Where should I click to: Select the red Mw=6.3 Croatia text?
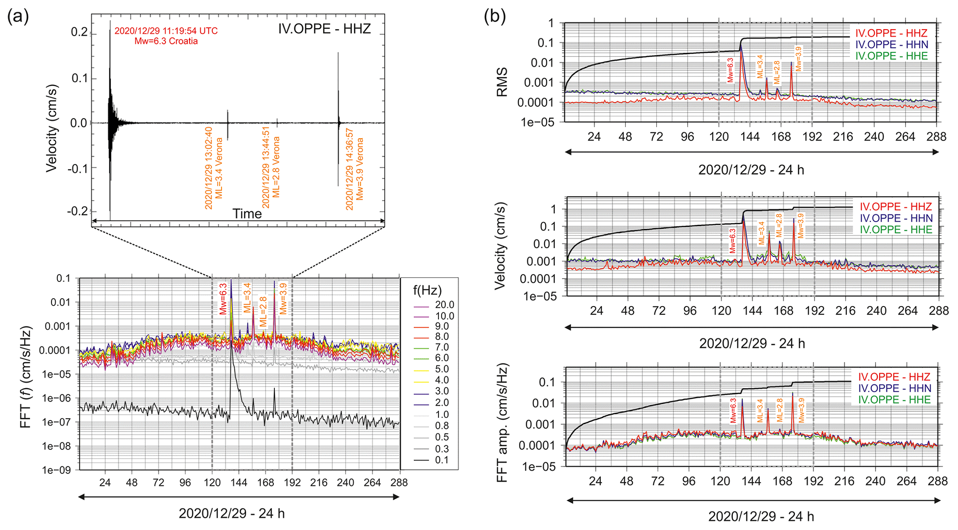[x=166, y=41]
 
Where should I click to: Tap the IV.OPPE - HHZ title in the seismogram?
[x=324, y=29]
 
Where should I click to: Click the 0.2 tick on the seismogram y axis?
[x=79, y=32]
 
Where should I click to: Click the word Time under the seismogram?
[x=247, y=214]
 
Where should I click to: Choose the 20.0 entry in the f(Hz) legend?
[x=444, y=305]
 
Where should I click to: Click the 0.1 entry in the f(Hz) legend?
[x=441, y=460]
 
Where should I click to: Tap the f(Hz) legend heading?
[x=427, y=291]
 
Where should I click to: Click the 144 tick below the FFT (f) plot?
[x=239, y=483]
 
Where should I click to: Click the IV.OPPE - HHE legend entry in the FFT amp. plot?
[x=894, y=400]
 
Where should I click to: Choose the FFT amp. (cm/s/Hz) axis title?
[x=502, y=422]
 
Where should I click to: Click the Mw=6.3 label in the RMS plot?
[x=730, y=70]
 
